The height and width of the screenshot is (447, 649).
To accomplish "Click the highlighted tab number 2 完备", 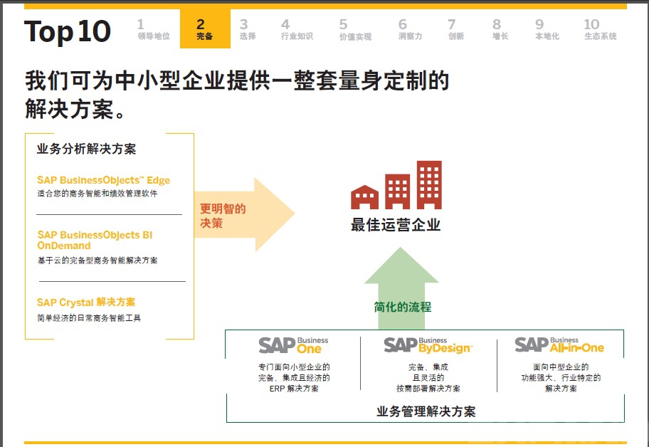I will point(204,29).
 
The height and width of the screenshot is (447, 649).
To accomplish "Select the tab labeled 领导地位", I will point(154,30).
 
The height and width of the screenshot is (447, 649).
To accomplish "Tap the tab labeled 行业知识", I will point(297,30).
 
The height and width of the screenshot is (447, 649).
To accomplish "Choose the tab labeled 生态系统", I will point(600,30).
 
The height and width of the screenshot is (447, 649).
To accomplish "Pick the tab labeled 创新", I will point(455,30).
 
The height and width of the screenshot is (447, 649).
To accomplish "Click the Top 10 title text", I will point(68,31).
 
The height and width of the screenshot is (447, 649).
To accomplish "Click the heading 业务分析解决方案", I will point(86,149).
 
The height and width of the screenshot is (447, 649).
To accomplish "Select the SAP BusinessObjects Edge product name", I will point(104,180).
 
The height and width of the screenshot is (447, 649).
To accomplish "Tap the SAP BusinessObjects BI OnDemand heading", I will point(95,240).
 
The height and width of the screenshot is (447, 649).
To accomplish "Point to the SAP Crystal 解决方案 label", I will point(86,303).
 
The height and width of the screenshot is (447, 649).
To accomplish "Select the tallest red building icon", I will point(429,183).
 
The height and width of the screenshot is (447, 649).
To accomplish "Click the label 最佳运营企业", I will point(396,226).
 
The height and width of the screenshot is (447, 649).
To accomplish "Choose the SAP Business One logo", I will point(293,345).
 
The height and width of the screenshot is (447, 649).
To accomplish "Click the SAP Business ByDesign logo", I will point(427,345).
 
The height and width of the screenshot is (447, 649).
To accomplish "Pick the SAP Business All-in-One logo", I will point(559,345).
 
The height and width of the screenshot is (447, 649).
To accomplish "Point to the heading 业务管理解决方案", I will point(426,411).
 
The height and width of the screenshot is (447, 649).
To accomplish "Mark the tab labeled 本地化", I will point(547,30).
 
